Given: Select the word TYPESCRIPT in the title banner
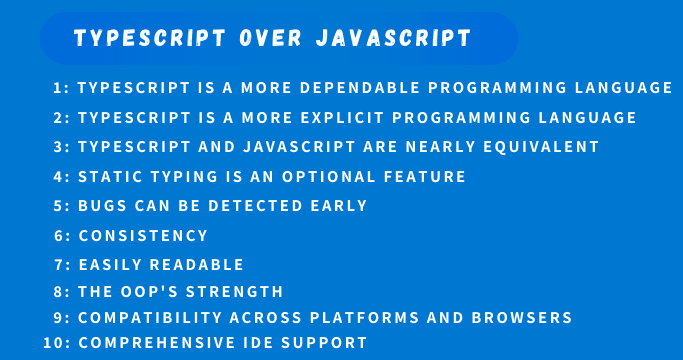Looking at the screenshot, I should pyautogui.click(x=150, y=39).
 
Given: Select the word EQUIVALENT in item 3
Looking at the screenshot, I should pyautogui.click(x=541, y=147).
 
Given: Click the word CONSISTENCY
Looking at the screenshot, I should pyautogui.click(x=143, y=236).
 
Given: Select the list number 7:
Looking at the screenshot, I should pyautogui.click(x=61, y=265).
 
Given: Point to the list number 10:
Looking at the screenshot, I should pyautogui.click(x=57, y=343).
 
